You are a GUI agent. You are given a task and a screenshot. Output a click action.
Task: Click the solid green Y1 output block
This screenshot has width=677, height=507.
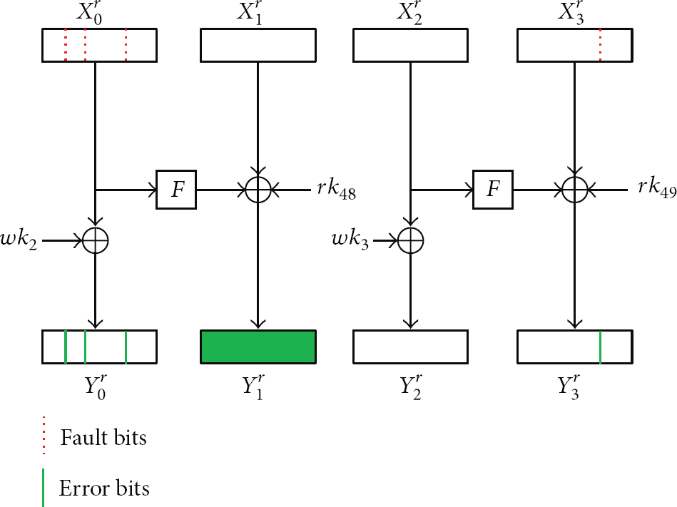point(258,347)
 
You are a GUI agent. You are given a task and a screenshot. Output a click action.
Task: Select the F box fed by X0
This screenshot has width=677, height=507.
point(175,190)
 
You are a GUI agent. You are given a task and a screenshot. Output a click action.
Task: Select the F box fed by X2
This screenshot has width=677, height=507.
point(491,190)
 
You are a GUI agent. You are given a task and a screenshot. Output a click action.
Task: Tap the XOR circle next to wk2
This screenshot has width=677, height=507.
point(95,242)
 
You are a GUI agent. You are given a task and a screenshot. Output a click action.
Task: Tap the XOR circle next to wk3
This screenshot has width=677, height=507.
point(410,242)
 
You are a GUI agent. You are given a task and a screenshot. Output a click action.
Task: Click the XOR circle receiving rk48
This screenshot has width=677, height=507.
point(258,190)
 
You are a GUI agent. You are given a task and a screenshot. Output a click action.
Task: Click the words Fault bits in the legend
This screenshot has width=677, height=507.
point(104,436)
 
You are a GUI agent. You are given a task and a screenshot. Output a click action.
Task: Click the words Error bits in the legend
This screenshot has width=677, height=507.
point(104,488)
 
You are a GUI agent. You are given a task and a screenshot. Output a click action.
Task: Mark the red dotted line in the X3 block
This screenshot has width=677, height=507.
point(600,45)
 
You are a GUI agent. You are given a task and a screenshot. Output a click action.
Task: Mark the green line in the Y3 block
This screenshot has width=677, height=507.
point(600,347)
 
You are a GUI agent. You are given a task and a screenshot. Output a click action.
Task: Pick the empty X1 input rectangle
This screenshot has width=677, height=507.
point(258,45)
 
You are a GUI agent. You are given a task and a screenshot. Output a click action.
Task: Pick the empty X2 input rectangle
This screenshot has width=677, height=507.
point(410,45)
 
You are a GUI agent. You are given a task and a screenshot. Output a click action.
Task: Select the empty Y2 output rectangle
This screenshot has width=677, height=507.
point(410,347)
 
